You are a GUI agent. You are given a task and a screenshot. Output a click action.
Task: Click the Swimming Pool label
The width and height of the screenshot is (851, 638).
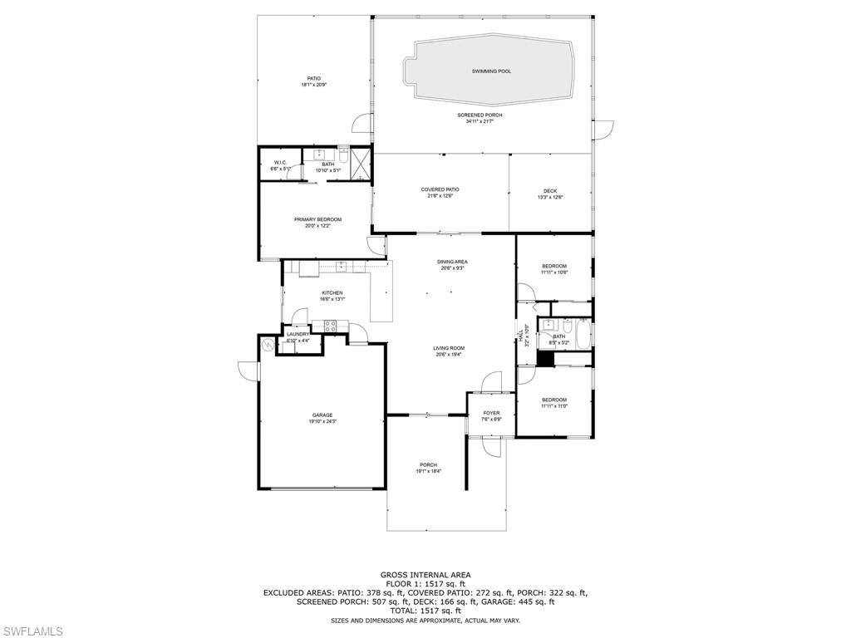pos(491,71)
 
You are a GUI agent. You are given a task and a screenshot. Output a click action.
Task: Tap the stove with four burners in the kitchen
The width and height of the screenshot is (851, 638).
pos(329,326)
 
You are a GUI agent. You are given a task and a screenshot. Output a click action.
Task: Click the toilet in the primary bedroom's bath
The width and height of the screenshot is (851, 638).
pos(343,154)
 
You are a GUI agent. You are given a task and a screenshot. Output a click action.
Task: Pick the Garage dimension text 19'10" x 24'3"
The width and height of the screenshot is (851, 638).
pos(322,421)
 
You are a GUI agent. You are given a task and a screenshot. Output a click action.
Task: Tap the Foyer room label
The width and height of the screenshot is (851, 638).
pos(491,413)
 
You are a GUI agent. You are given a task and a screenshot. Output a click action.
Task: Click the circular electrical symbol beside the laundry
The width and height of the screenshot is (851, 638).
pos(268,344)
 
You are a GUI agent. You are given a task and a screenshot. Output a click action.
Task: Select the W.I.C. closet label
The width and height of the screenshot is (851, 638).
pos(280,162)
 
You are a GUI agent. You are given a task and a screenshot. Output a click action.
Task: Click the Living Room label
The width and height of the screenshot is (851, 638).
pos(448,348)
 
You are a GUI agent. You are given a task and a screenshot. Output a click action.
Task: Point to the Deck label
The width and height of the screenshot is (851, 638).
pos(550,190)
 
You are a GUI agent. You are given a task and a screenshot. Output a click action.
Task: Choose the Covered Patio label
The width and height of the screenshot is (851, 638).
pos(440,189)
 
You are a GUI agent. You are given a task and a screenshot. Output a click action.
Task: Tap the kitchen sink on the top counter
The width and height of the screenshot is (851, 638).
pos(341,266)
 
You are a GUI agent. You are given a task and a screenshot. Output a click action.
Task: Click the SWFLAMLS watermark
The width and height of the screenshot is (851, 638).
pos(32,631)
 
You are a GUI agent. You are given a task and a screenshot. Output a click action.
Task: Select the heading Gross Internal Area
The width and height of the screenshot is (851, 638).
pos(425,575)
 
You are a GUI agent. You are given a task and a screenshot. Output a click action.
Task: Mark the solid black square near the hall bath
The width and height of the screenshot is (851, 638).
pos(545,358)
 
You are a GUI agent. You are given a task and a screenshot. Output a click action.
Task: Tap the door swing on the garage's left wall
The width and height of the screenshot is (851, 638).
pos(246,371)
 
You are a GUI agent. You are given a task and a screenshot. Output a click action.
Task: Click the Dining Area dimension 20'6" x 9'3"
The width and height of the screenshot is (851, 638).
pos(452,268)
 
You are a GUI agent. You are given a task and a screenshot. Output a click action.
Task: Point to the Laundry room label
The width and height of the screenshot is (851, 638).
pos(298,334)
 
